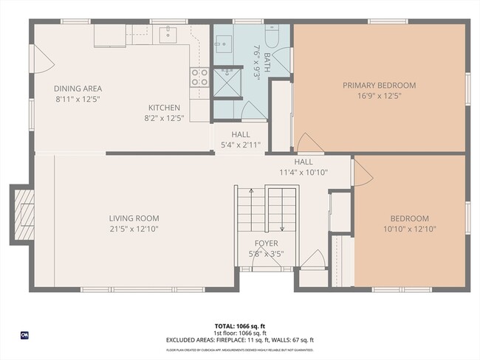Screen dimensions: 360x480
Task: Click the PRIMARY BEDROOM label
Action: click(379, 86)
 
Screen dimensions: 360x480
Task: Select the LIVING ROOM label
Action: click(134, 218)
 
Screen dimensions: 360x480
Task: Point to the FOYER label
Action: click(266, 243)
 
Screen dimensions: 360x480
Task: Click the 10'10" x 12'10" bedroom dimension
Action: click(409, 229)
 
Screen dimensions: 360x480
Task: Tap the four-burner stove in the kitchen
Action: click(199, 77)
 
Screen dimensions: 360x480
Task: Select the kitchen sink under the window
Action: click(168, 33)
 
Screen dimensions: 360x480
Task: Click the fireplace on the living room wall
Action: click(24, 214)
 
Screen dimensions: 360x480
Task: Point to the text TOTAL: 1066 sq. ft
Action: click(239, 325)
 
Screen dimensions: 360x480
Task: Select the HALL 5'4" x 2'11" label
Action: click(240, 140)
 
